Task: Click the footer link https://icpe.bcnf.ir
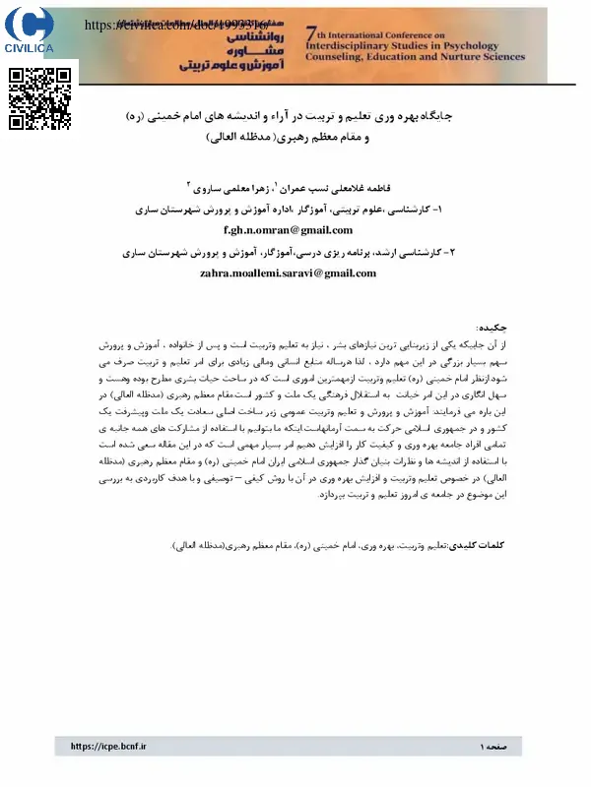point(108,747)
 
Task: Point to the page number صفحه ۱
point(496,747)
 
